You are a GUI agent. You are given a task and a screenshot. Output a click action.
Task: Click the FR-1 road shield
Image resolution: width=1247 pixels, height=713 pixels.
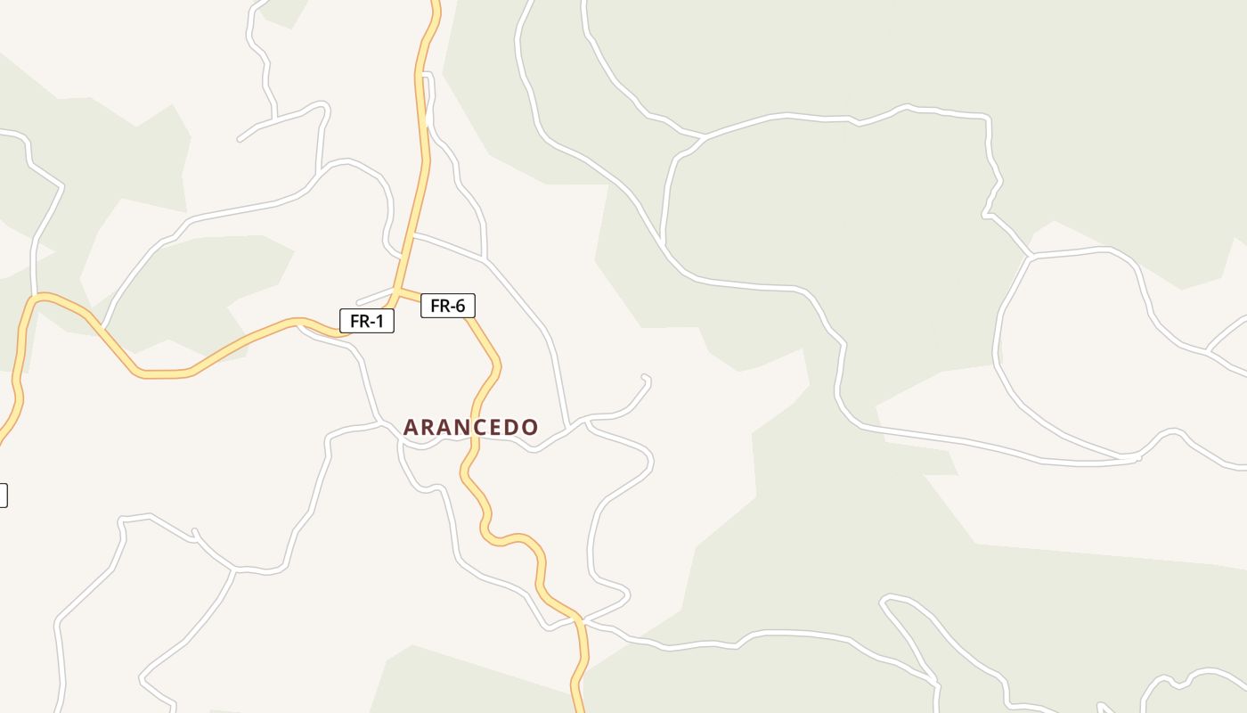(x=366, y=321)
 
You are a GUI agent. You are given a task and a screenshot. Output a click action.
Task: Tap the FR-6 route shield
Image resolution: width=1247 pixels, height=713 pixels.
(x=447, y=306)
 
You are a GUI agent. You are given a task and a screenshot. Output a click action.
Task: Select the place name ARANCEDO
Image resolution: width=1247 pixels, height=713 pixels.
(x=470, y=428)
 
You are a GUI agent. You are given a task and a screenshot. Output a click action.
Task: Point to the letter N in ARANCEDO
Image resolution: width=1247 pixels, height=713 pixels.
(x=450, y=428)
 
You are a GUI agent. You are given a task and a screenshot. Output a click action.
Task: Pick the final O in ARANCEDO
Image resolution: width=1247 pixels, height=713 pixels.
(x=530, y=428)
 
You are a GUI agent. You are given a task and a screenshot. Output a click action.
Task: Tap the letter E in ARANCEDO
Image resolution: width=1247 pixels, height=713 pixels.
(x=491, y=428)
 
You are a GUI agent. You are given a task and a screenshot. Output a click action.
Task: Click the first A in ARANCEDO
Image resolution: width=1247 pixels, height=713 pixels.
(x=411, y=428)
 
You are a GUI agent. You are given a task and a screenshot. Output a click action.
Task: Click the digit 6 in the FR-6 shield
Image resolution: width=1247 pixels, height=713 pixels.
(x=460, y=306)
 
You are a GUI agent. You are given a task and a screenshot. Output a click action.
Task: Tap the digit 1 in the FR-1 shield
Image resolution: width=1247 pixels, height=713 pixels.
(x=379, y=321)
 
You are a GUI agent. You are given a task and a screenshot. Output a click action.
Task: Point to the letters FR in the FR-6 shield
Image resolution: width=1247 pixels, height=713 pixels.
(x=439, y=306)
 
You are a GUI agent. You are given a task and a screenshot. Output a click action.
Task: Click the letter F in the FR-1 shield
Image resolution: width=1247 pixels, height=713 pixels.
(x=355, y=321)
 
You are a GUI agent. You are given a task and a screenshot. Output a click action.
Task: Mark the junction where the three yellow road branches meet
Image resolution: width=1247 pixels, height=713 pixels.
(x=396, y=291)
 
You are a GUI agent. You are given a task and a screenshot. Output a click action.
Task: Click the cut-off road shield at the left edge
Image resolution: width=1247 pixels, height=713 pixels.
(x=3, y=496)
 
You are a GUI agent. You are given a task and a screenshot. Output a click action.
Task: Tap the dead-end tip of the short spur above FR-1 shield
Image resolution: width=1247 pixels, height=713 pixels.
(x=358, y=303)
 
